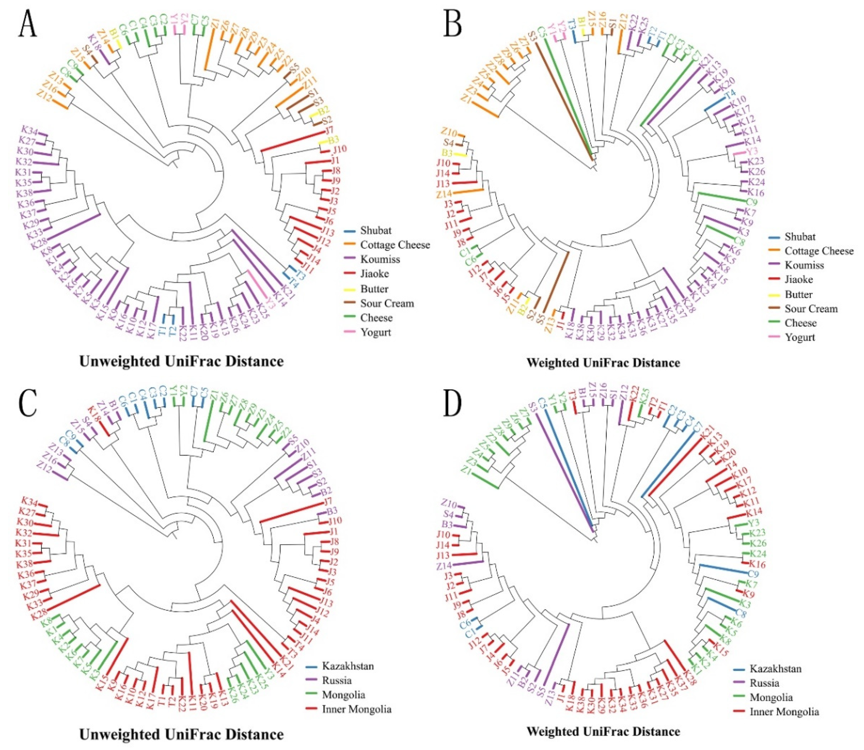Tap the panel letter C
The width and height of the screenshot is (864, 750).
pos(28,404)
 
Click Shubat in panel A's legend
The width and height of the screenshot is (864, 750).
pos(376,230)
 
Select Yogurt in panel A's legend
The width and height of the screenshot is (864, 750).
pos(376,333)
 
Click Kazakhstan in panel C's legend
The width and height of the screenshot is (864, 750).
pos(348,666)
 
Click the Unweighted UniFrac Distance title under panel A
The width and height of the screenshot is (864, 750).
pos(181,361)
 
